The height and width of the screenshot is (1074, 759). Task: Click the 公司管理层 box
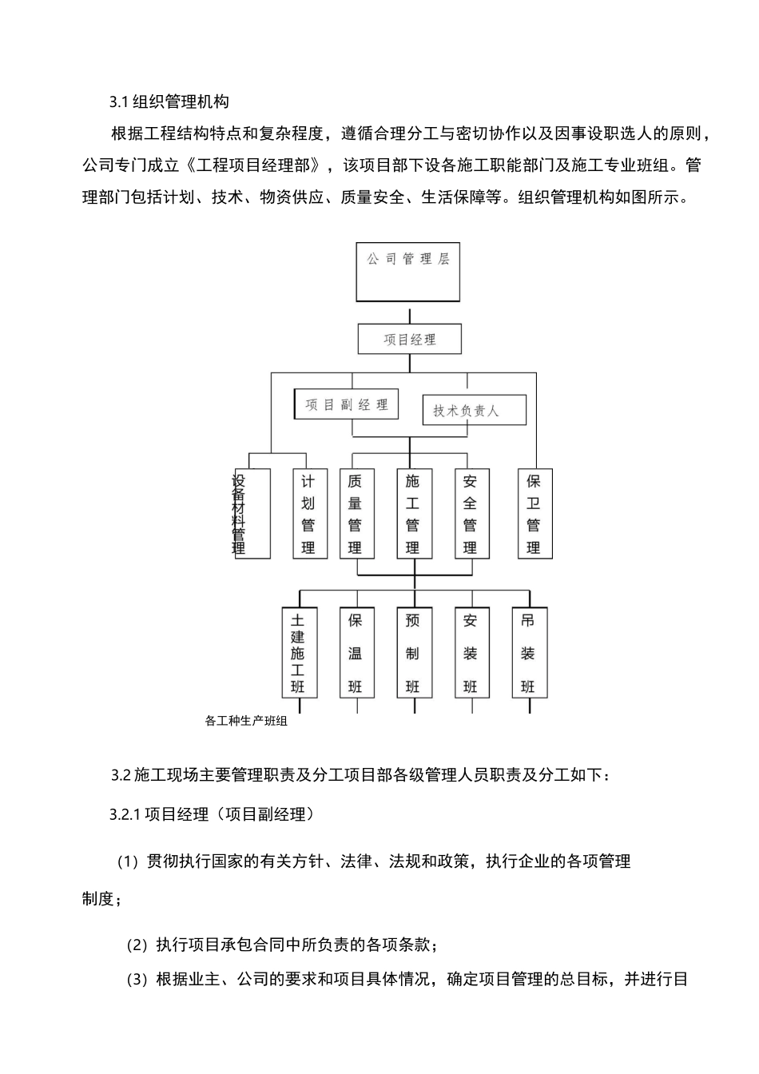(407, 271)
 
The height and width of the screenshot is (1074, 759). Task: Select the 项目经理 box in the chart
(409, 339)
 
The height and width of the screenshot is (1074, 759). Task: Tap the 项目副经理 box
(346, 404)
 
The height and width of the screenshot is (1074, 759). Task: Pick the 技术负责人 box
(474, 410)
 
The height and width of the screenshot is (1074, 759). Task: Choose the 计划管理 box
(308, 514)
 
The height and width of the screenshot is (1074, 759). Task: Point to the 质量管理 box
(355, 514)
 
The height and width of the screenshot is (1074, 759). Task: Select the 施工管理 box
(412, 514)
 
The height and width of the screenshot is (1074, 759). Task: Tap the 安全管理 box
(470, 514)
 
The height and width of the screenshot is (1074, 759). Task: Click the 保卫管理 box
(534, 514)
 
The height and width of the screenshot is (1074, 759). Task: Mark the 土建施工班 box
(298, 653)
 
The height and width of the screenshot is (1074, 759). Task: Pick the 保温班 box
(356, 653)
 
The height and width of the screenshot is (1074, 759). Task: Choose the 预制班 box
(412, 653)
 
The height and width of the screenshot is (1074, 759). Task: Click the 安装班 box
(470, 653)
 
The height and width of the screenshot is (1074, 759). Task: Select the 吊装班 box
(527, 653)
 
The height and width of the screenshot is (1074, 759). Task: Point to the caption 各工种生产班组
(246, 722)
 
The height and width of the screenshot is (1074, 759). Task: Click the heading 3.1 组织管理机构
(169, 101)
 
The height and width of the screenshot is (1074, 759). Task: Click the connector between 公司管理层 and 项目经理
(409, 312)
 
